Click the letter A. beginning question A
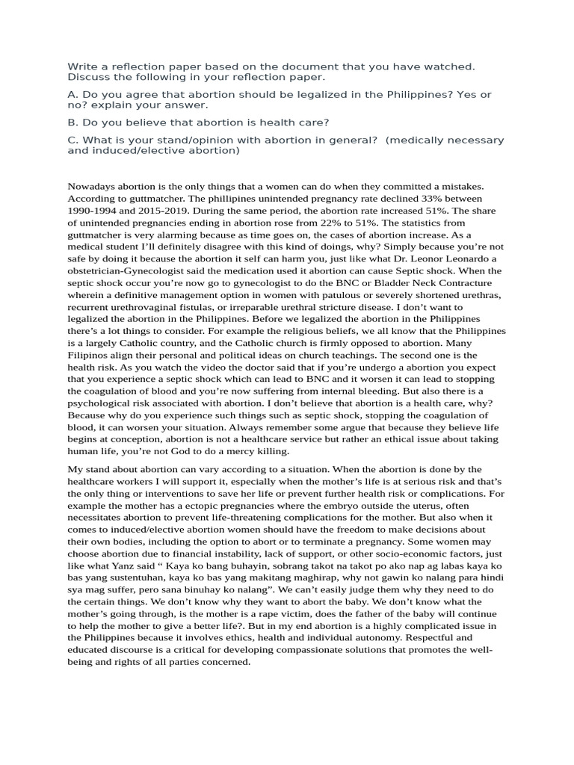[x=72, y=95]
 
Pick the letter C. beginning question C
[x=72, y=140]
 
